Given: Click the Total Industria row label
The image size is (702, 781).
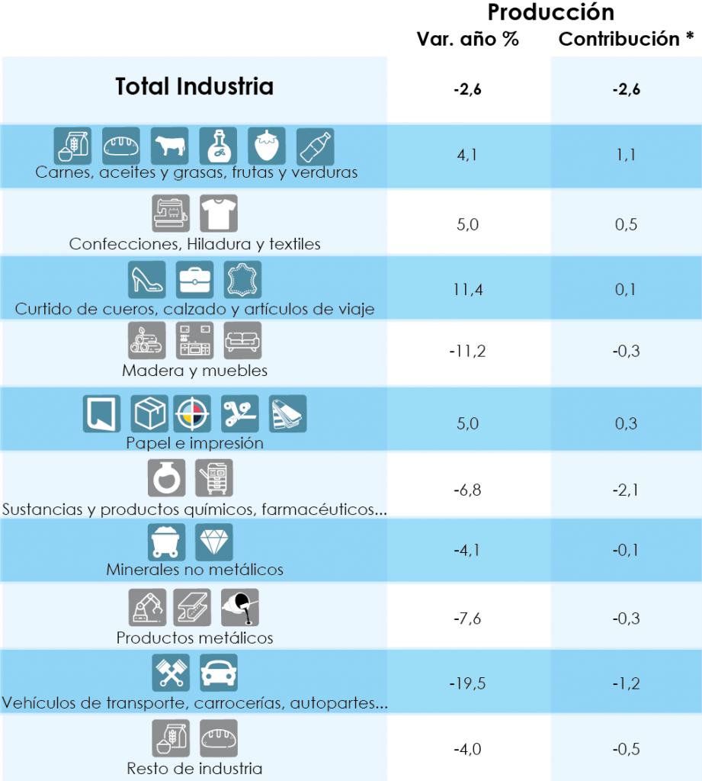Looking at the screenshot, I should [194, 87].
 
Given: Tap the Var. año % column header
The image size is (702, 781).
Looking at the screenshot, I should [467, 40].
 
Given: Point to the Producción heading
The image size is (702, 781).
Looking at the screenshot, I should [550, 12].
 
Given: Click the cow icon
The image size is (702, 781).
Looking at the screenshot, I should [170, 146].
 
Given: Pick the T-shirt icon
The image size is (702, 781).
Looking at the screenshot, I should [219, 214].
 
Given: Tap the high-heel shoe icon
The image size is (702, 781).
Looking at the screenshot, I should [146, 280].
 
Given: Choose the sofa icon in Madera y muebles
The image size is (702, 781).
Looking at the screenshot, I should [242, 340].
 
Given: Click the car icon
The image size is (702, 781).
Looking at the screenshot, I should [218, 673].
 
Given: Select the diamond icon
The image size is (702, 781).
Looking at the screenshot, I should [214, 542].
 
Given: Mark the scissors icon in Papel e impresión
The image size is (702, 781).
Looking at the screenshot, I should [239, 413].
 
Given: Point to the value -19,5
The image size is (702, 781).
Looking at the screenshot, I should [467, 683].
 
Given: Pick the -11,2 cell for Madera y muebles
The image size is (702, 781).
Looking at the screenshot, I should [467, 351].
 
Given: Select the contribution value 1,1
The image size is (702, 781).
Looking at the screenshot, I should [626, 155].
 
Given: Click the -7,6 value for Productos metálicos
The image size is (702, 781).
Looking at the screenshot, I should [467, 617].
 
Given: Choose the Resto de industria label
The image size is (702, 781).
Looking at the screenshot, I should [194, 768].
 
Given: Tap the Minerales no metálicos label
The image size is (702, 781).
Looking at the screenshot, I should [194, 570].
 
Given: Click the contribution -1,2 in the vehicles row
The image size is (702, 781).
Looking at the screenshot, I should [626, 683].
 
